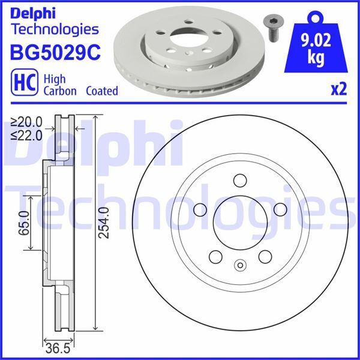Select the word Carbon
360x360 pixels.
61,91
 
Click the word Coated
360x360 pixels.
102,91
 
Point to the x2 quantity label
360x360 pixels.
339,90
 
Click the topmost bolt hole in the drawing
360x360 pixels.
239,181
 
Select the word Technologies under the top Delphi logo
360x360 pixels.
54,29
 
